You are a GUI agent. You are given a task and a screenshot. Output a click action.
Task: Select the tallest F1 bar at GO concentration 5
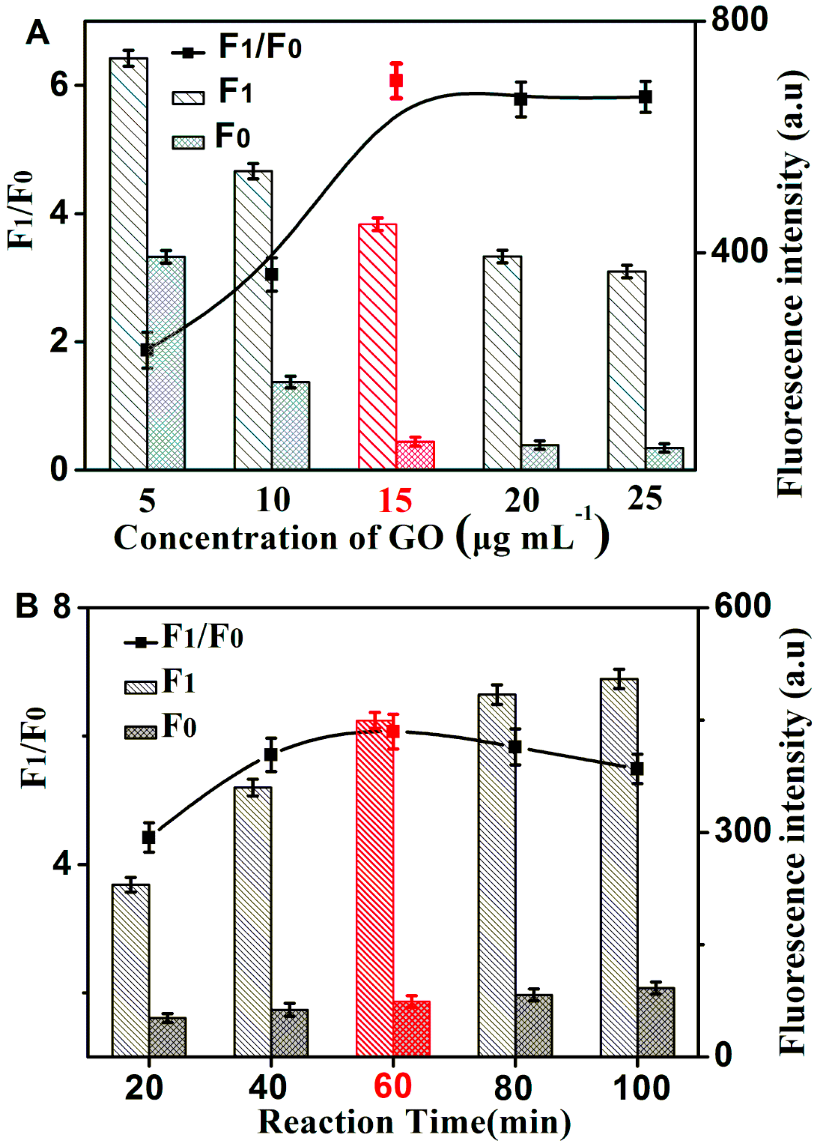pyautogui.click(x=129, y=262)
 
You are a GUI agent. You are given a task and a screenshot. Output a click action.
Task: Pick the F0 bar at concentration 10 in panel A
pyautogui.click(x=291, y=426)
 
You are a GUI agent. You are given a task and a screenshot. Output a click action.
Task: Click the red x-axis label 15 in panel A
pyautogui.click(x=395, y=500)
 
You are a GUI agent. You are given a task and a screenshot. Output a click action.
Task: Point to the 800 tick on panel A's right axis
pyautogui.click(x=739, y=20)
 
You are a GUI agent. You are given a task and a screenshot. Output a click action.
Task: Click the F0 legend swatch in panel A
pyautogui.click(x=188, y=143)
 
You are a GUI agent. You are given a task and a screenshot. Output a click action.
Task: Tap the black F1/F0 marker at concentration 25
pyautogui.click(x=645, y=97)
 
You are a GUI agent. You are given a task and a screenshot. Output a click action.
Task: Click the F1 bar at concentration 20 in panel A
pyautogui.click(x=502, y=363)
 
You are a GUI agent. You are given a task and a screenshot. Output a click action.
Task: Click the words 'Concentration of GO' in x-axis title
pyautogui.click(x=278, y=538)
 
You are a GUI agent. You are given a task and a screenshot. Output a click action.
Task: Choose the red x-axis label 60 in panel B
pyautogui.click(x=393, y=1087)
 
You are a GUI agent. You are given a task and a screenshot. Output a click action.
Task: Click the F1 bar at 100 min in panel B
pyautogui.click(x=619, y=867)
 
